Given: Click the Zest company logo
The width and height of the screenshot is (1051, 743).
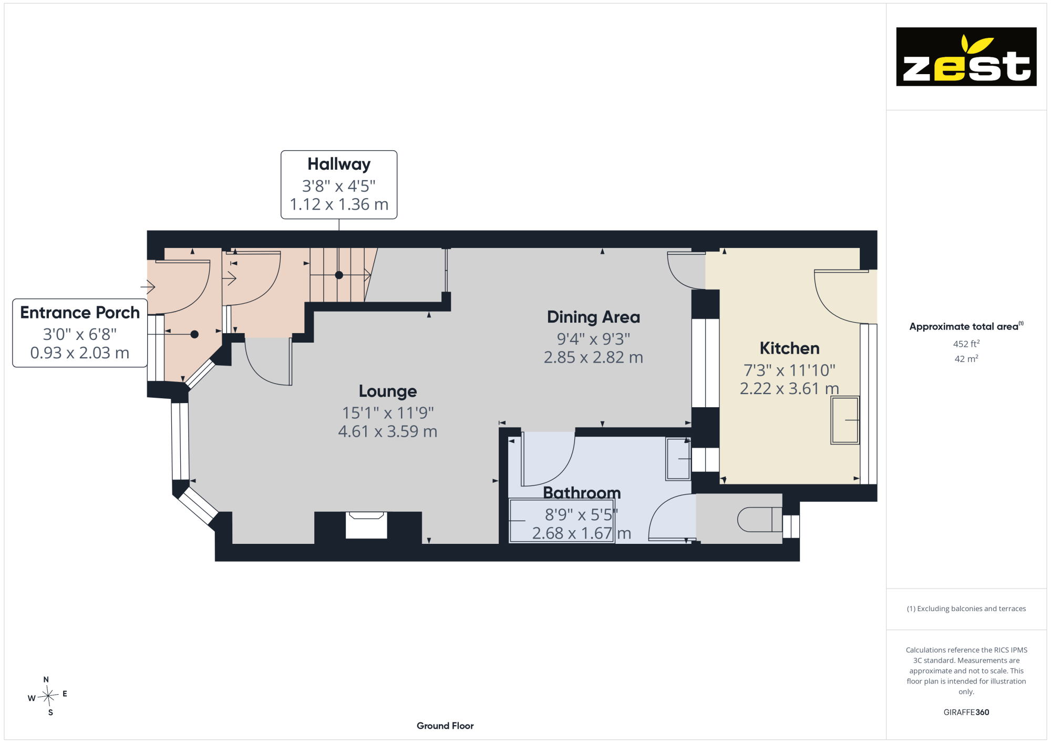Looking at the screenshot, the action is tap(966, 57).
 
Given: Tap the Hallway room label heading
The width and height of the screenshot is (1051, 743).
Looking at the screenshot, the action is tap(339, 164).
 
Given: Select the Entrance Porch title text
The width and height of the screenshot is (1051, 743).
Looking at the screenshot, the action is tap(80, 313).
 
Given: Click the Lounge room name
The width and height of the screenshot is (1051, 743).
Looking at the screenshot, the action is tap(388, 391).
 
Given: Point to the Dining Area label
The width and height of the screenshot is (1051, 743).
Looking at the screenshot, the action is tap(593, 317).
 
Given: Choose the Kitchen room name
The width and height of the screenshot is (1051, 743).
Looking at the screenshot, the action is tap(789, 348).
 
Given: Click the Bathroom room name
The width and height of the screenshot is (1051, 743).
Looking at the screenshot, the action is tap(582, 493).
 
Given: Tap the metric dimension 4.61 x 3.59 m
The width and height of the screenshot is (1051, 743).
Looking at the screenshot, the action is tap(388, 431).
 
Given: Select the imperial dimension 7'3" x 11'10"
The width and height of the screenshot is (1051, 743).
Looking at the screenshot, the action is tap(789, 370).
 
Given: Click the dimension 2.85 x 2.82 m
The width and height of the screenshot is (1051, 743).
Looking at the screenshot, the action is tap(593, 357).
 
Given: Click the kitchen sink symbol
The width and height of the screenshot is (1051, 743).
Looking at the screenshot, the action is tap(845, 420).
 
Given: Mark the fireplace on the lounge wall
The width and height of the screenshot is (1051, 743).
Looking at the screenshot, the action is tap(366, 525).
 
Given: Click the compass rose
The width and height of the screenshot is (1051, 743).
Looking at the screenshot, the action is tap(48, 696).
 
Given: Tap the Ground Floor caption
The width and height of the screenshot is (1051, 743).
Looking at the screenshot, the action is tap(445, 726).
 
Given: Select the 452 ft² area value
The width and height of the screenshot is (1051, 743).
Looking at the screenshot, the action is tap(966, 344).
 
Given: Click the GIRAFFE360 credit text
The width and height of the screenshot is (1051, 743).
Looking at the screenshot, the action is tap(966, 713).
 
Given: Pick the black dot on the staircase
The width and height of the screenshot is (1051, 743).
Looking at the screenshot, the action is tap(339, 275).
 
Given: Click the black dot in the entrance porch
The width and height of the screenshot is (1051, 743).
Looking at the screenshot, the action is tap(194, 334).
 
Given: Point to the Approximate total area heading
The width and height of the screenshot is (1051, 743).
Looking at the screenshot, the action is tap(966, 326).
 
